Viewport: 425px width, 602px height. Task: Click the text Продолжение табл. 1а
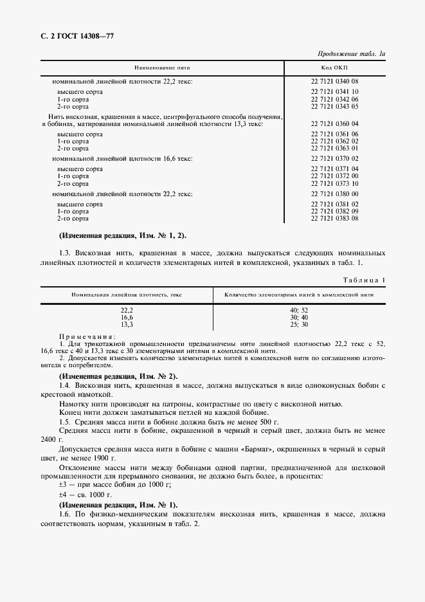point(351,54)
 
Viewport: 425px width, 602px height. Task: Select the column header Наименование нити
point(162,68)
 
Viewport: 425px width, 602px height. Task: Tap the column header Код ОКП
point(334,68)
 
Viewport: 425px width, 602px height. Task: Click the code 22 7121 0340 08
point(334,82)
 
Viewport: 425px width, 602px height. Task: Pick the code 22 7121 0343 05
point(334,106)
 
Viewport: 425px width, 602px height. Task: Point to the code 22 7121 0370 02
point(334,158)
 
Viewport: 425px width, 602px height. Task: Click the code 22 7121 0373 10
point(334,183)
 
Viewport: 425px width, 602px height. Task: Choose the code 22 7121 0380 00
point(334,194)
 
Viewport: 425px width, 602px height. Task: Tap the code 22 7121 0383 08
point(334,219)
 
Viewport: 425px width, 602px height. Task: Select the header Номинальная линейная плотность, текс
point(127,294)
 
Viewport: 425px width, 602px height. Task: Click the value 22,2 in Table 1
point(127,310)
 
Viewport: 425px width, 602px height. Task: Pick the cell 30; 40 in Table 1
point(299,317)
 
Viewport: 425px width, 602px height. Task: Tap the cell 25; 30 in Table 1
point(299,324)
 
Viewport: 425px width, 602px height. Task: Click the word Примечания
point(87,336)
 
